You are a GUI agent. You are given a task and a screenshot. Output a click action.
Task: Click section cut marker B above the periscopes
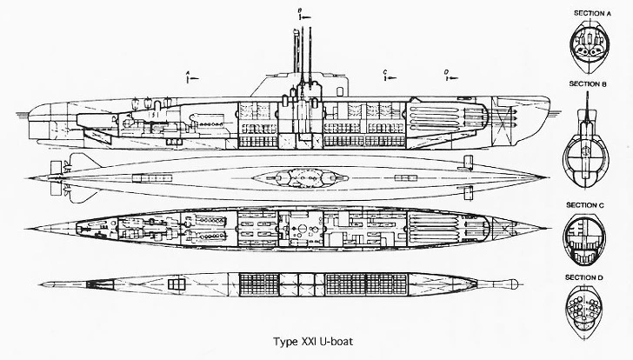point(300,13)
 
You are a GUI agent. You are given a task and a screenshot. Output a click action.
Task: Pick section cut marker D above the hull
point(447,76)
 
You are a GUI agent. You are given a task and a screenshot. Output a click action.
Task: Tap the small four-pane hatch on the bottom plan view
point(177,284)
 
